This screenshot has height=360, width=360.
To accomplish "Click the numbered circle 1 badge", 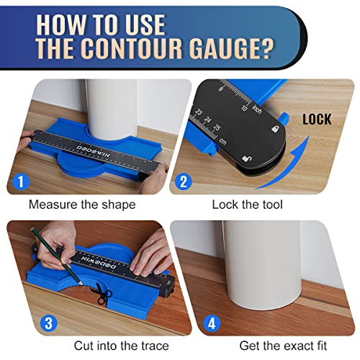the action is tap(21, 181).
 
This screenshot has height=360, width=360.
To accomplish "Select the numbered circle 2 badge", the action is tap(184, 181).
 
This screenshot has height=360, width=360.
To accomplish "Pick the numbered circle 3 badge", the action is tap(48, 323).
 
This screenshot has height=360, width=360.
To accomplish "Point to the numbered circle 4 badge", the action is tap(212, 323).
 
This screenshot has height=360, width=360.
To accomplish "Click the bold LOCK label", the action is tap(317, 120).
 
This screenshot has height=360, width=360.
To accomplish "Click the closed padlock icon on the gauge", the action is tap(276, 129).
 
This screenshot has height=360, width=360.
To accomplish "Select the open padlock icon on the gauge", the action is tap(247, 158).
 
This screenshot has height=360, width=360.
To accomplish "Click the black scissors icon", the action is tap(102, 293).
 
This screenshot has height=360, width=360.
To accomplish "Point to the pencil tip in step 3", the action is tap(81, 285).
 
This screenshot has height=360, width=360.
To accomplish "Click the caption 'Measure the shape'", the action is tap(82, 204).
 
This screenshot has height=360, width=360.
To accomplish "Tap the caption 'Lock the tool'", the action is tap(247, 204).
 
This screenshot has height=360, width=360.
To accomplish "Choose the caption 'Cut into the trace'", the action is tap(122, 346).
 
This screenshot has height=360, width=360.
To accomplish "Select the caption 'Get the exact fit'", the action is tap(283, 346).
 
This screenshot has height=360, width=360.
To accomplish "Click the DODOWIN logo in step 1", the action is tap(94, 150).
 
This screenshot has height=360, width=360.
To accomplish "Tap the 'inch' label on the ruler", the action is tap(257, 109).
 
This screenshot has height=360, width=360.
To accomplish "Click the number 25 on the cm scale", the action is tap(217, 127).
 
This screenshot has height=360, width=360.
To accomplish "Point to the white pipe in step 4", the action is tap(263, 265).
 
